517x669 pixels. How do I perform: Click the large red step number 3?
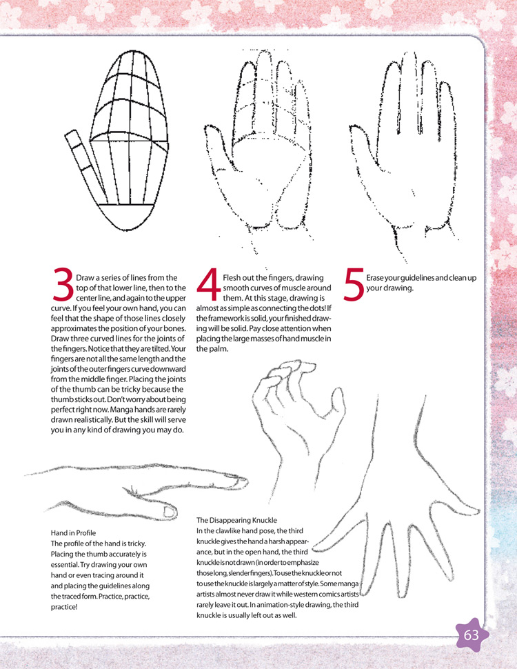(x=63, y=283)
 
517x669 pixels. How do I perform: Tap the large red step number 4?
(x=209, y=283)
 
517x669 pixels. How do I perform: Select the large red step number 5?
(x=354, y=283)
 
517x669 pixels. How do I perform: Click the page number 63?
(x=471, y=635)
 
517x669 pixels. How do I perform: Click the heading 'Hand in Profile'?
(x=73, y=533)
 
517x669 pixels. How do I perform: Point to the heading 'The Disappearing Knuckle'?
(x=236, y=520)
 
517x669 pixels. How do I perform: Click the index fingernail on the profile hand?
(x=241, y=481)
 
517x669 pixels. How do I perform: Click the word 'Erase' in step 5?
(x=376, y=278)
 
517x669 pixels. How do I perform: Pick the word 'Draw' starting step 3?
(x=85, y=278)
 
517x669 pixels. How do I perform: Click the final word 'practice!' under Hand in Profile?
(x=64, y=607)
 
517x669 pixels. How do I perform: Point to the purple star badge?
(x=471, y=635)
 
